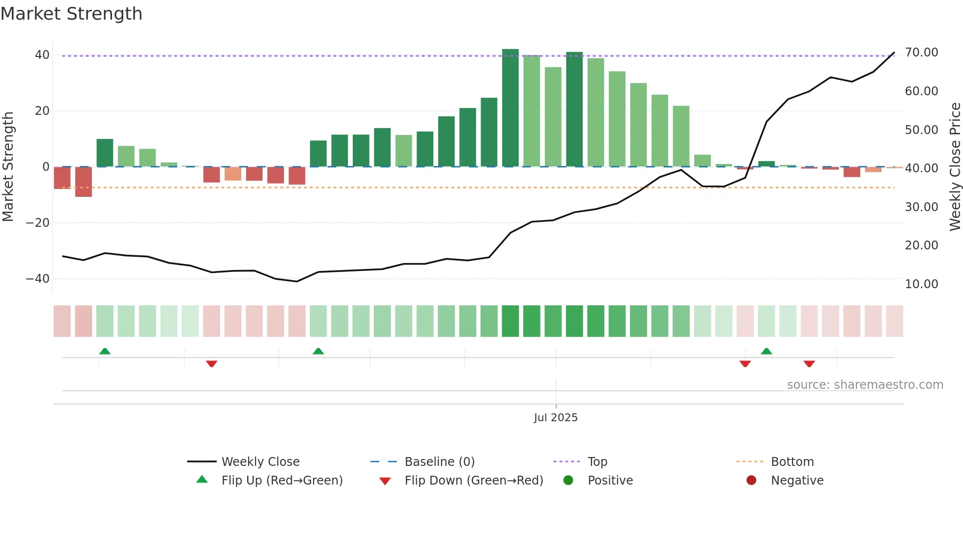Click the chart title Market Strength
(71, 14)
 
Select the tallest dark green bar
(510, 108)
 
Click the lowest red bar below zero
(84, 182)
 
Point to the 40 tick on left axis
(42, 55)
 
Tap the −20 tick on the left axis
(38, 223)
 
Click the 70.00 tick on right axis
(921, 53)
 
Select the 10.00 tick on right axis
(921, 284)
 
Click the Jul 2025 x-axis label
(556, 418)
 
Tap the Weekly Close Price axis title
(955, 167)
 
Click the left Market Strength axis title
(8, 167)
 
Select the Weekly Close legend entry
(260, 462)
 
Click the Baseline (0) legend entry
(439, 462)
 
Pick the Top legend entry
(597, 462)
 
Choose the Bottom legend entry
(792, 462)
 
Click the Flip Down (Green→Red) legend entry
(474, 481)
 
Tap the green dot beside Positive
(568, 481)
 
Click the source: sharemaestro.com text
(865, 385)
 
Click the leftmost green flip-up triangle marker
(105, 351)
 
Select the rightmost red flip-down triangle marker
(809, 364)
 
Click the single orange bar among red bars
(233, 174)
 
